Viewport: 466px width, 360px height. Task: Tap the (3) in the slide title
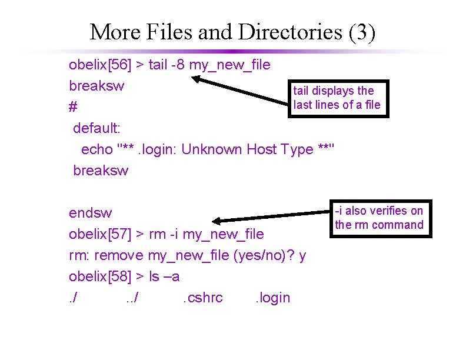click(362, 32)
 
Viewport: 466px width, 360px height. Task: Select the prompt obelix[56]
click(101, 65)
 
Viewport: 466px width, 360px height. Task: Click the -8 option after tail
click(179, 65)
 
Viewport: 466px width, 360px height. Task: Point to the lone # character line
click(73, 108)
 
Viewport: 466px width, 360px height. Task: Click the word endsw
click(90, 213)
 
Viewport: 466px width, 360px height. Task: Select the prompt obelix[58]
click(101, 276)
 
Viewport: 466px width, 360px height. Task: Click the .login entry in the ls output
click(272, 298)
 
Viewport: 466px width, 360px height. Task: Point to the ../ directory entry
click(132, 298)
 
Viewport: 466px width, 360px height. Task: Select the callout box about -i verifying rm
click(379, 218)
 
